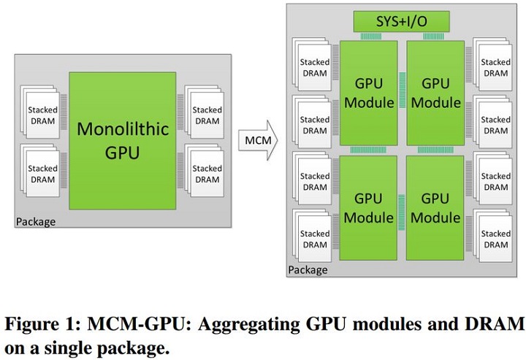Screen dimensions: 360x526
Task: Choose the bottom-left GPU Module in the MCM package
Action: (368, 207)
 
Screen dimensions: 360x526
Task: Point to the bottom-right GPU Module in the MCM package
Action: (435, 207)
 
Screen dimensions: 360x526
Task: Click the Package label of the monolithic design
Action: (36, 221)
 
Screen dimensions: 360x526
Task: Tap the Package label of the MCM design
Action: (308, 270)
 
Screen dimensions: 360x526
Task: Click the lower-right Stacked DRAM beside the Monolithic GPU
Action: (206, 174)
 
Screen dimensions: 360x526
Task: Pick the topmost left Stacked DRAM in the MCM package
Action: (314, 68)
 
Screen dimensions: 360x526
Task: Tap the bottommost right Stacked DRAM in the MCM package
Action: (495, 239)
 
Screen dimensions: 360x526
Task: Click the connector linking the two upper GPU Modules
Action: (402, 101)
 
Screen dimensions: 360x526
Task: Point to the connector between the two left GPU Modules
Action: (368, 150)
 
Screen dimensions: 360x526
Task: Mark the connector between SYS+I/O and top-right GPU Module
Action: (435, 37)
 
